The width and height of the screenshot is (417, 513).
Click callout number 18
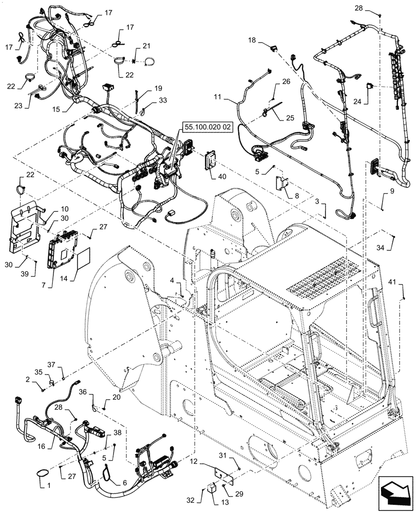252,40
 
